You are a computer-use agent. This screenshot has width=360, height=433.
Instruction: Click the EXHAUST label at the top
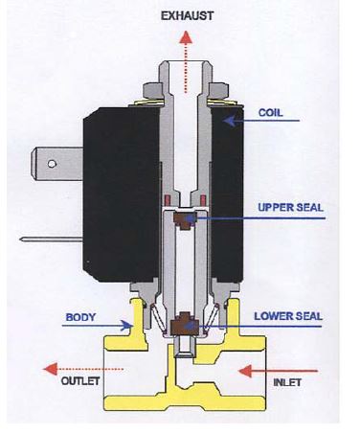(187, 15)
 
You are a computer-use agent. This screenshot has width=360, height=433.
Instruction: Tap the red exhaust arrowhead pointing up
(186, 37)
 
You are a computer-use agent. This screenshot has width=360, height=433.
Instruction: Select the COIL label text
(270, 113)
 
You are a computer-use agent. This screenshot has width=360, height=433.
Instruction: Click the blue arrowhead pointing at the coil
(229, 121)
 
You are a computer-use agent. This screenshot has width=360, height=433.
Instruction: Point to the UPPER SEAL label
(290, 207)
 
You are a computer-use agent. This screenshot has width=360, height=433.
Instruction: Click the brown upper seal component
(185, 220)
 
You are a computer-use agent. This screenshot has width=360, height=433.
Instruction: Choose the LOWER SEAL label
(288, 316)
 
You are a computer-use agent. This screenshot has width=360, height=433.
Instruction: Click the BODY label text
(80, 317)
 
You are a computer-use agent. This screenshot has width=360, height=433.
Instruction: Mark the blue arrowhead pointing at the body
(126, 326)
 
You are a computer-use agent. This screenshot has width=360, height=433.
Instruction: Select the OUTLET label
(80, 380)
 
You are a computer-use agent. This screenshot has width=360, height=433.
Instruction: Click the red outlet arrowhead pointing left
(50, 369)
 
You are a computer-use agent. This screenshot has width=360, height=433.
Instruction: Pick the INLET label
(287, 382)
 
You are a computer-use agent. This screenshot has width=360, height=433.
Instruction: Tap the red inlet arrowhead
(245, 371)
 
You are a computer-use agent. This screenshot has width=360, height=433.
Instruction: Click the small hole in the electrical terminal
(52, 164)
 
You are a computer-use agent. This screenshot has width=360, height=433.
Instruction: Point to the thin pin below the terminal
(52, 239)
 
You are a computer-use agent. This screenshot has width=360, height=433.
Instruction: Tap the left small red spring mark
(167, 200)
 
